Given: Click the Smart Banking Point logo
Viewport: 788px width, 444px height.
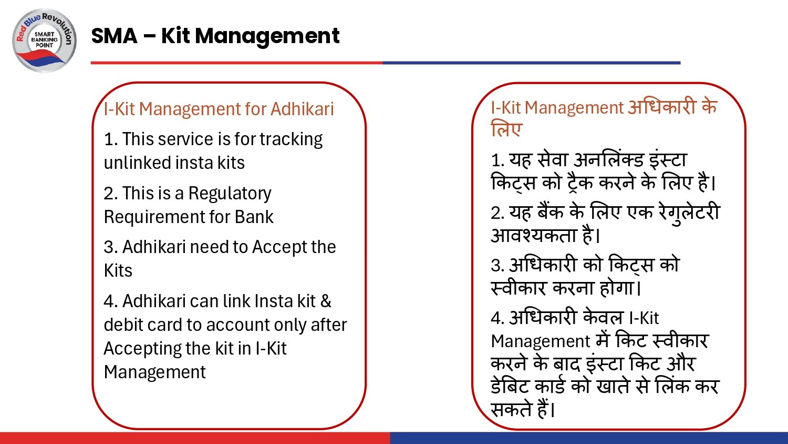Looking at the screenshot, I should point(45,40).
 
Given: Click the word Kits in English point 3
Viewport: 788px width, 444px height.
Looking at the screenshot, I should point(118,270).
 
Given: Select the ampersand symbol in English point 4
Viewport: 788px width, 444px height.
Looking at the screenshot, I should point(326,301).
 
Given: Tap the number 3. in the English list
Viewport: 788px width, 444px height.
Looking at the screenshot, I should point(111,247).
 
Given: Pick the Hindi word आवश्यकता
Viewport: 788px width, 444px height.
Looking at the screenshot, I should point(534,235).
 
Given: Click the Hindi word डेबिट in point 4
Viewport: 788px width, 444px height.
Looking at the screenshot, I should point(510,387).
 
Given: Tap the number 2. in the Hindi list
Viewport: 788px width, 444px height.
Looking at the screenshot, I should point(497,213).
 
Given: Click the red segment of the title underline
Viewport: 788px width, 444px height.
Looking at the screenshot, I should point(236,63).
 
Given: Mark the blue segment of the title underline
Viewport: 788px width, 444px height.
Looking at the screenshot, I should point(531,63).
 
